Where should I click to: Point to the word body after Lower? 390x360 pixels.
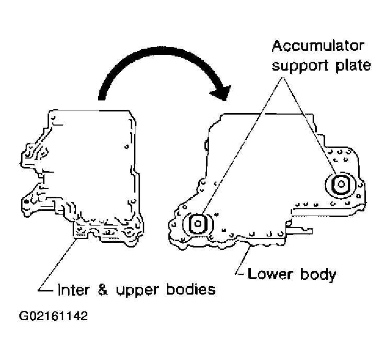(x=315, y=274)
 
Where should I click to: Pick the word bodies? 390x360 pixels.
(x=188, y=288)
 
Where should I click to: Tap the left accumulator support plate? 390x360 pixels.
(x=198, y=224)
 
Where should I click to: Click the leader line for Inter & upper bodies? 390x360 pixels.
(x=58, y=264)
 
